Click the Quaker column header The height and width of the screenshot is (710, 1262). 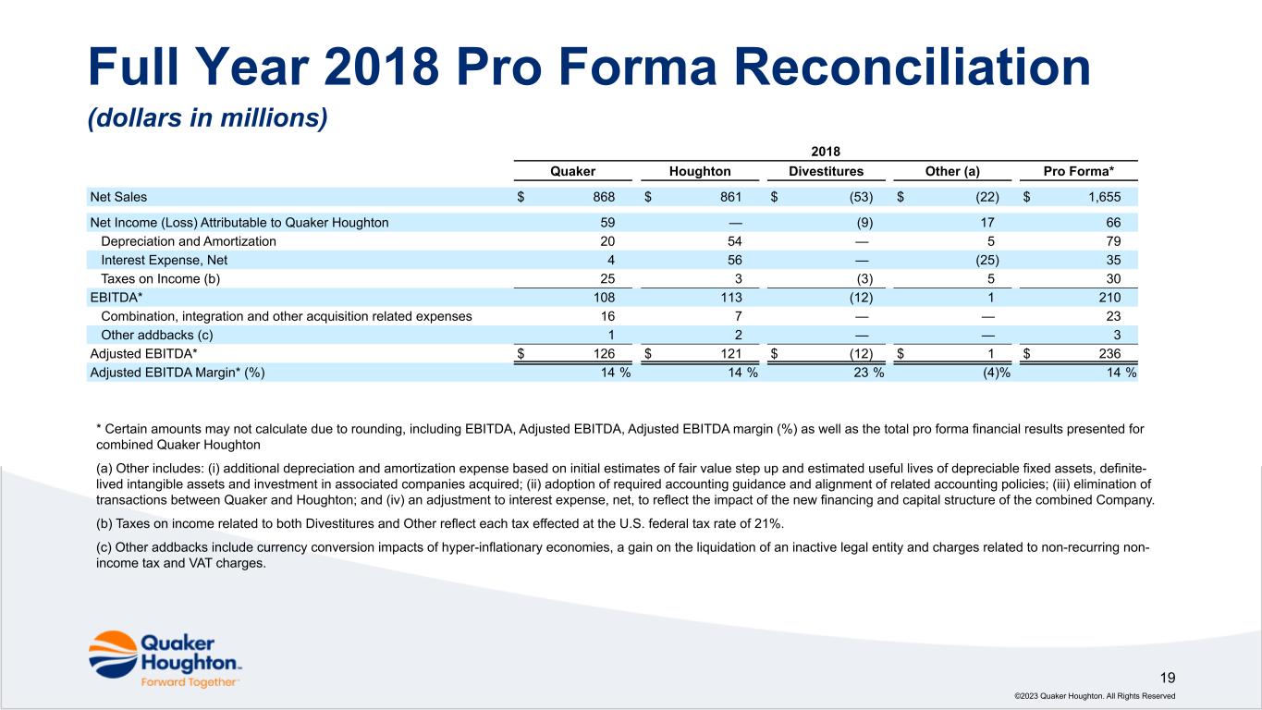point(572,171)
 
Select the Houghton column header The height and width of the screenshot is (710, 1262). point(699,171)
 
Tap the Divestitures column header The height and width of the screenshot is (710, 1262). point(826,171)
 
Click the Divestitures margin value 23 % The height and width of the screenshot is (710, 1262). point(864,373)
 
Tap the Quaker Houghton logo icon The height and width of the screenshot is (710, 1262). point(112,654)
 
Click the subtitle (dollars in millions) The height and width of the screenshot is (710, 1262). point(208,119)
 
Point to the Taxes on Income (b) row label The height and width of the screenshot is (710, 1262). point(161,278)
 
